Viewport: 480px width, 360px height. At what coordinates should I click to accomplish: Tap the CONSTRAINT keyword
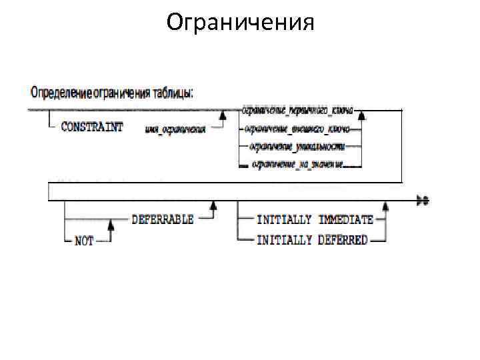[92, 127]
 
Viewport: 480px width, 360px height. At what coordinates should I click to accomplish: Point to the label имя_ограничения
[175, 129]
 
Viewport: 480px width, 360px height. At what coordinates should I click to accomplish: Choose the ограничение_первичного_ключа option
[297, 111]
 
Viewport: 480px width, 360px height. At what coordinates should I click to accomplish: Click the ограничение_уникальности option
[297, 146]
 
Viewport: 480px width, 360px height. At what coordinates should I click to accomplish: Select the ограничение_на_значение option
[297, 164]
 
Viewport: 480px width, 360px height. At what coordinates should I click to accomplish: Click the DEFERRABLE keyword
[163, 219]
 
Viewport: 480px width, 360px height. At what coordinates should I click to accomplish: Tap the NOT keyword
[85, 241]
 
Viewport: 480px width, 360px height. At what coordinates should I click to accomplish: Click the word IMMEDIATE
[346, 219]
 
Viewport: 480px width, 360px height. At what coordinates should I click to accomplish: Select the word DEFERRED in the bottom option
[343, 240]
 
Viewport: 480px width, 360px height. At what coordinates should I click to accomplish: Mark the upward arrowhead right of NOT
[111, 229]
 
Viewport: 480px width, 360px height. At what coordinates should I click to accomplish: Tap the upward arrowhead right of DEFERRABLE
[213, 209]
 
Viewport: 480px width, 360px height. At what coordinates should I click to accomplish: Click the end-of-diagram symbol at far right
[421, 199]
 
